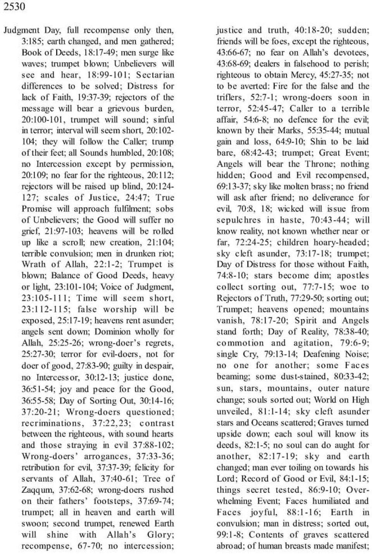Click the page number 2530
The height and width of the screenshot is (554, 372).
(14, 7)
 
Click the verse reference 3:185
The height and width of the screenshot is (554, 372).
(33, 41)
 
